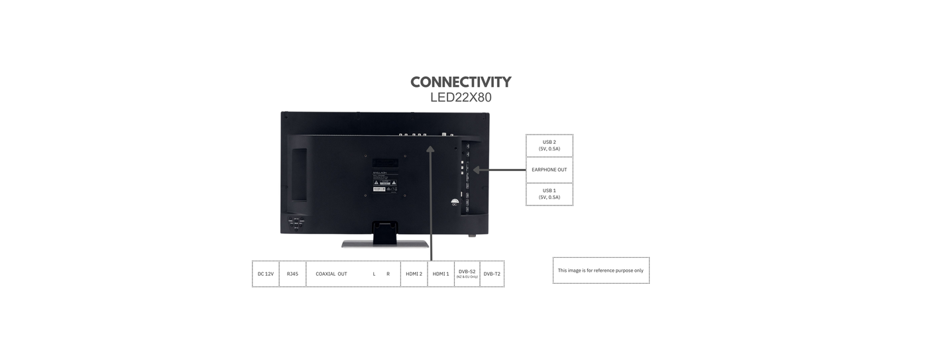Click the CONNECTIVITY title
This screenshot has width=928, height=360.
pyautogui.click(x=461, y=82)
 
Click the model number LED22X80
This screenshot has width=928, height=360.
pyautogui.click(x=461, y=97)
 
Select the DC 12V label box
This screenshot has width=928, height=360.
pyautogui.click(x=266, y=274)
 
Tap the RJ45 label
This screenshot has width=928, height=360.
pyautogui.click(x=292, y=274)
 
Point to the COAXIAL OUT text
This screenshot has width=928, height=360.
pyautogui.click(x=331, y=274)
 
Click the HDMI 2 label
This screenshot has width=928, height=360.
pyautogui.click(x=414, y=274)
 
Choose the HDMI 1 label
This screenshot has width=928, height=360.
pyautogui.click(x=441, y=274)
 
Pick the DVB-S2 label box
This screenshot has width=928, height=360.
pyautogui.click(x=467, y=273)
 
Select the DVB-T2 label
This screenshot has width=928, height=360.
pyautogui.click(x=492, y=274)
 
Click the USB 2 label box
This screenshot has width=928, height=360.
pyautogui.click(x=550, y=145)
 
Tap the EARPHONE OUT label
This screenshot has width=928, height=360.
pyautogui.click(x=550, y=170)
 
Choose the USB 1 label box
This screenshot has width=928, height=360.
pyautogui.click(x=550, y=194)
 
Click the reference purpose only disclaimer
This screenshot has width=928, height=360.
pyautogui.click(x=601, y=270)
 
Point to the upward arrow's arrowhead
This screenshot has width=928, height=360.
pyautogui.click(x=431, y=150)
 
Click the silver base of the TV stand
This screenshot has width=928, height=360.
pyautogui.click(x=385, y=244)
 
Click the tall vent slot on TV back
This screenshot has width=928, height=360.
pyautogui.click(x=299, y=174)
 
